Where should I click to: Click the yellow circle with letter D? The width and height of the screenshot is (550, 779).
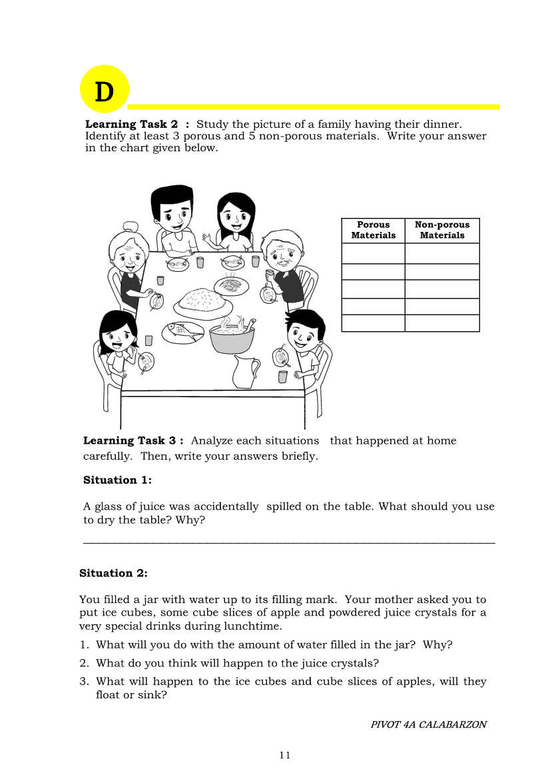point(104,89)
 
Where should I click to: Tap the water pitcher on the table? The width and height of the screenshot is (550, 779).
point(245,371)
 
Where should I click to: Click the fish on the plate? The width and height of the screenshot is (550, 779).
point(182,329)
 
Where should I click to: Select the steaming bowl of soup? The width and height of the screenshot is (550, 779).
point(232,337)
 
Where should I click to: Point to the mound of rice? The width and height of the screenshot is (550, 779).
point(202,301)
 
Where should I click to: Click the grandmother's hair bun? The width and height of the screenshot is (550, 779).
point(131,227)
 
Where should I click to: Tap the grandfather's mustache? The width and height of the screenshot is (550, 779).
point(284,263)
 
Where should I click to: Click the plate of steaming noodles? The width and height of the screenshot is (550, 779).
point(230,285)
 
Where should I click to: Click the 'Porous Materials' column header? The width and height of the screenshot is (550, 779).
point(373,230)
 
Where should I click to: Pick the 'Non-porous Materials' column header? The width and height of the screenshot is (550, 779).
point(442,230)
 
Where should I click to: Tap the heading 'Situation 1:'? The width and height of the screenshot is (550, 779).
point(117,480)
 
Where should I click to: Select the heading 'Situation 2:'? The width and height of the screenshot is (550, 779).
point(113,573)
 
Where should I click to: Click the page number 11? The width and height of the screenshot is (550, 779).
point(285,755)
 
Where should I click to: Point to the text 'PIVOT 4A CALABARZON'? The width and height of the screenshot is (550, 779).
point(428,724)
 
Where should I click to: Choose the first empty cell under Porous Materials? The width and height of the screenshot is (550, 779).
point(373,253)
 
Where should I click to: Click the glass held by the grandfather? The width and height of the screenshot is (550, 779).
point(270,273)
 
